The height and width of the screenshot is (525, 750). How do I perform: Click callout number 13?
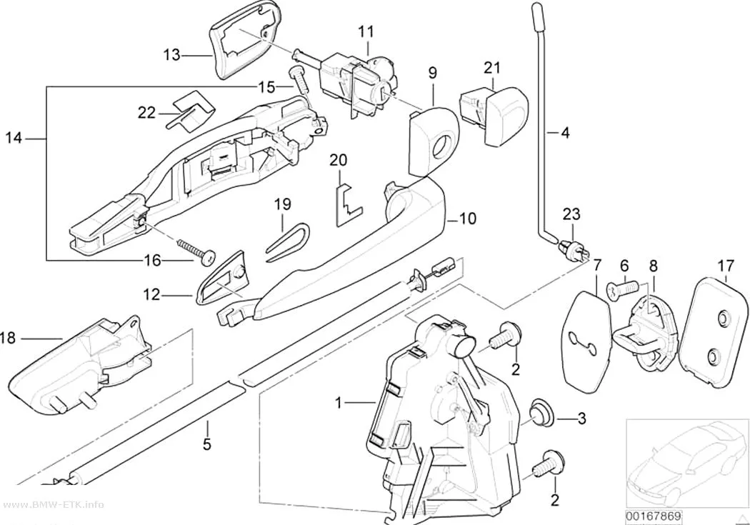pyautogui.click(x=171, y=55)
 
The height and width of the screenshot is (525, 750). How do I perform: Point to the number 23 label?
pyautogui.click(x=571, y=214)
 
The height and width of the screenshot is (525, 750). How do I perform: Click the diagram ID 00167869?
pyautogui.click(x=654, y=517)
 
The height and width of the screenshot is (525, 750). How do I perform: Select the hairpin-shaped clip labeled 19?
pyautogui.click(x=286, y=241)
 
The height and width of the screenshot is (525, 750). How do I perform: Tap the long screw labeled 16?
pyautogui.click(x=196, y=251)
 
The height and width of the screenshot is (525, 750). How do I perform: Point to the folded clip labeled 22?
pyautogui.click(x=191, y=111)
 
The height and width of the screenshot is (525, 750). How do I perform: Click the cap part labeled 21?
pyautogui.click(x=493, y=114)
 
